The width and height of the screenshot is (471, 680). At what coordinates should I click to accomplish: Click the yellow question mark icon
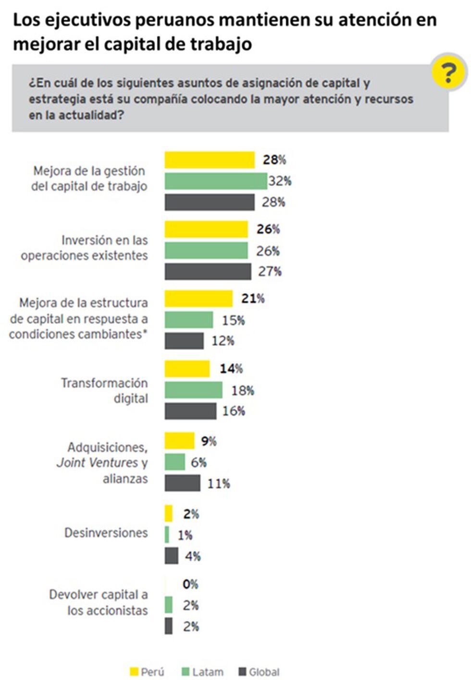click(449, 73)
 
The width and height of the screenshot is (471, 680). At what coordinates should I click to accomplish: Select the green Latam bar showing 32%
click(216, 181)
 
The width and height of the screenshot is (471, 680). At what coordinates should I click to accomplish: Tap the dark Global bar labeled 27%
click(208, 271)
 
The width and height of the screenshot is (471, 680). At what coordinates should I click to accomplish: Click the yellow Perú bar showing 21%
click(198, 299)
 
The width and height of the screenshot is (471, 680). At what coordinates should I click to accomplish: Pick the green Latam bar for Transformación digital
click(193, 390)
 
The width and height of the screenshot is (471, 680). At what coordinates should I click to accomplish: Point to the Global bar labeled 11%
click(182, 483)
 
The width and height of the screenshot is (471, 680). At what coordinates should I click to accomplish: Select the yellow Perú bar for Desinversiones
click(169, 513)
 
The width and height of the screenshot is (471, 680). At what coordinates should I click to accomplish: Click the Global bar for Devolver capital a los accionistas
click(169, 626)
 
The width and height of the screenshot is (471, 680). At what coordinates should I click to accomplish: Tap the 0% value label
click(190, 584)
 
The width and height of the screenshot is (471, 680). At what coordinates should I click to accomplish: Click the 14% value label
click(231, 369)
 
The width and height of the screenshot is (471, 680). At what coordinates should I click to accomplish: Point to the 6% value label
click(198, 462)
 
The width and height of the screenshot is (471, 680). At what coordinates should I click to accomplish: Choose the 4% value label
click(193, 557)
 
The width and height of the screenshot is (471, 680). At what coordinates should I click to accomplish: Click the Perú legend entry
click(148, 672)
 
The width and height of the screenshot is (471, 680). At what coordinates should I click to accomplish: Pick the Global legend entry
click(259, 672)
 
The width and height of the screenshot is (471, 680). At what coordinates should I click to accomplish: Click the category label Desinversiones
click(106, 533)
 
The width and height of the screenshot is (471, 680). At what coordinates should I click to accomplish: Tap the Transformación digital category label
click(105, 390)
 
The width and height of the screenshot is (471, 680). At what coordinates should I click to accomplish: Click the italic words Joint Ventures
click(97, 463)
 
